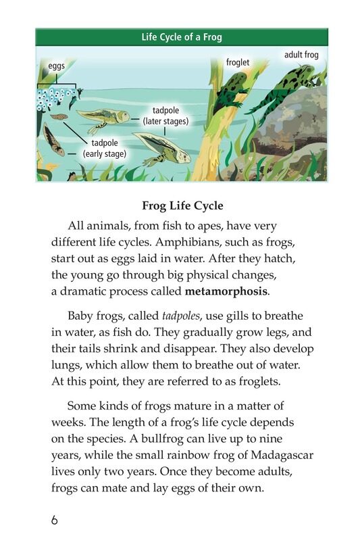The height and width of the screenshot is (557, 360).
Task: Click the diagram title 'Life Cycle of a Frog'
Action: click(x=181, y=37)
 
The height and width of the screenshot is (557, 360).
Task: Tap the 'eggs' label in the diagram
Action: click(x=56, y=67)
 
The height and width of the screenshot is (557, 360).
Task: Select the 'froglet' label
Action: click(x=238, y=62)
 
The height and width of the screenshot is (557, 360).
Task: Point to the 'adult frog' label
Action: click(x=301, y=54)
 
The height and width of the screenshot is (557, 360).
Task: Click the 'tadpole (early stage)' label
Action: click(x=104, y=148)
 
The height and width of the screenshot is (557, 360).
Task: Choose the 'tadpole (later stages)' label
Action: click(x=165, y=116)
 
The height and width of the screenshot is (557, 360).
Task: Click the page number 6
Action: click(x=54, y=520)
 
